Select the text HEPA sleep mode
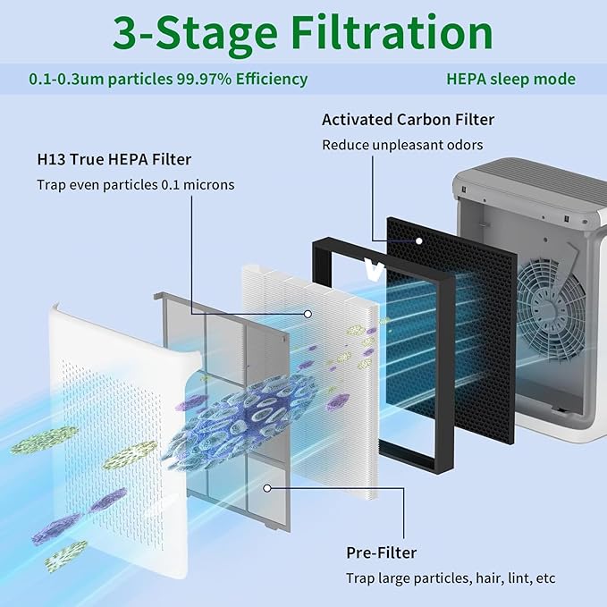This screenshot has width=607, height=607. pyautogui.click(x=510, y=79)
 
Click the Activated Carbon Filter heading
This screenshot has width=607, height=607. pyautogui.click(x=408, y=119)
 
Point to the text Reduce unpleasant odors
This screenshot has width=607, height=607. pyautogui.click(x=402, y=145)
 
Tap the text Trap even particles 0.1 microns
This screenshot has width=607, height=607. pyautogui.click(x=135, y=185)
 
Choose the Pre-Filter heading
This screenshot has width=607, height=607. pyautogui.click(x=381, y=552)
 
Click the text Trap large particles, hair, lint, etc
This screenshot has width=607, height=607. pyautogui.click(x=451, y=578)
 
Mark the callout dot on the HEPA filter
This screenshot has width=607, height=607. pyautogui.click(x=308, y=313)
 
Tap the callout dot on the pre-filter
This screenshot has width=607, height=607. pyautogui.click(x=267, y=488)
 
